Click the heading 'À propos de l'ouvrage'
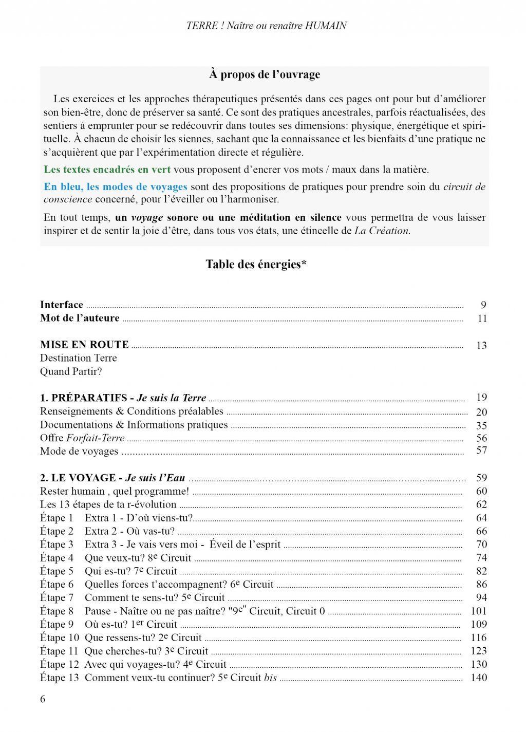[265, 74]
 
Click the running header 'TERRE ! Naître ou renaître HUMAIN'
[266, 25]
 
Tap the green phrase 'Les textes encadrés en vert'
[107, 170]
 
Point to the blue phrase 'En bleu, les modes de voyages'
[115, 186]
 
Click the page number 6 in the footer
[43, 699]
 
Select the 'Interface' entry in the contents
[62, 305]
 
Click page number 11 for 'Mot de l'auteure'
[481, 318]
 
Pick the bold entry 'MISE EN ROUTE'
[84, 345]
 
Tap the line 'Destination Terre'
[78, 358]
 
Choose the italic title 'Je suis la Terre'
[172, 398]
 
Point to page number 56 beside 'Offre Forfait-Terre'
[481, 438]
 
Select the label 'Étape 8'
[57, 611]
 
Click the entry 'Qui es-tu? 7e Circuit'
[130, 571]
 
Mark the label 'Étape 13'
[59, 678]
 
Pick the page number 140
[479, 678]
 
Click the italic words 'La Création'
[382, 231]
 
